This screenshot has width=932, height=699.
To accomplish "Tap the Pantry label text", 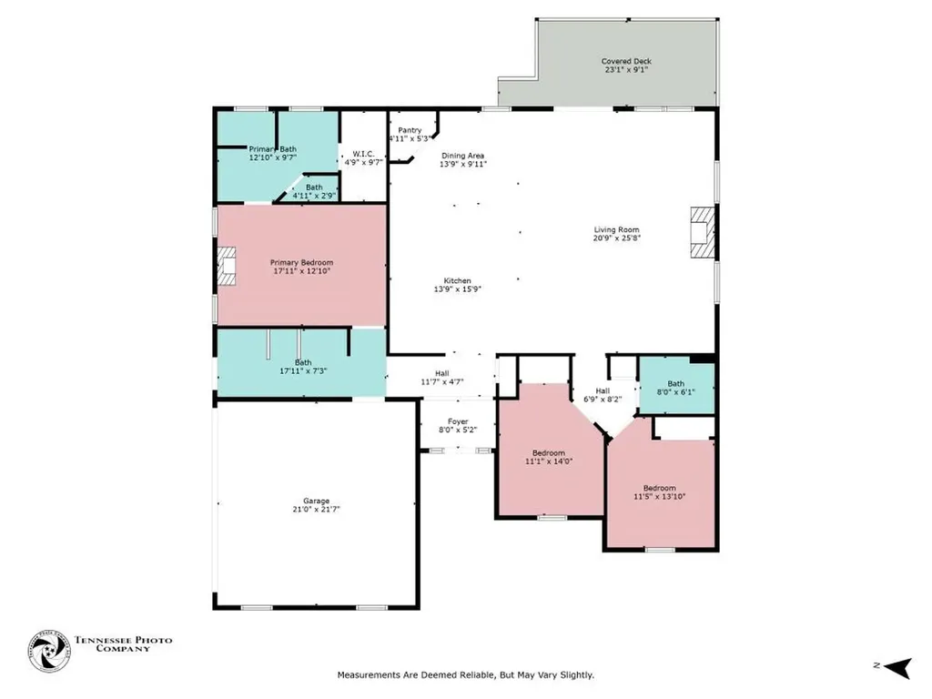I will pyautogui.click(x=409, y=130).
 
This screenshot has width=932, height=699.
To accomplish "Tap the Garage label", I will pyautogui.click(x=316, y=501).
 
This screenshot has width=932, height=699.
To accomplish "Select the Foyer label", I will pyautogui.click(x=457, y=422).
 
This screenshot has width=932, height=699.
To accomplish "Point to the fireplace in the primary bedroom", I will pyautogui.click(x=227, y=266).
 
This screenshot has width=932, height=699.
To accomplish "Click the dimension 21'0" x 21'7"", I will pyautogui.click(x=316, y=510).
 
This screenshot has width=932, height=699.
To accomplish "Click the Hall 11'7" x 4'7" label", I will pyautogui.click(x=441, y=378).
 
